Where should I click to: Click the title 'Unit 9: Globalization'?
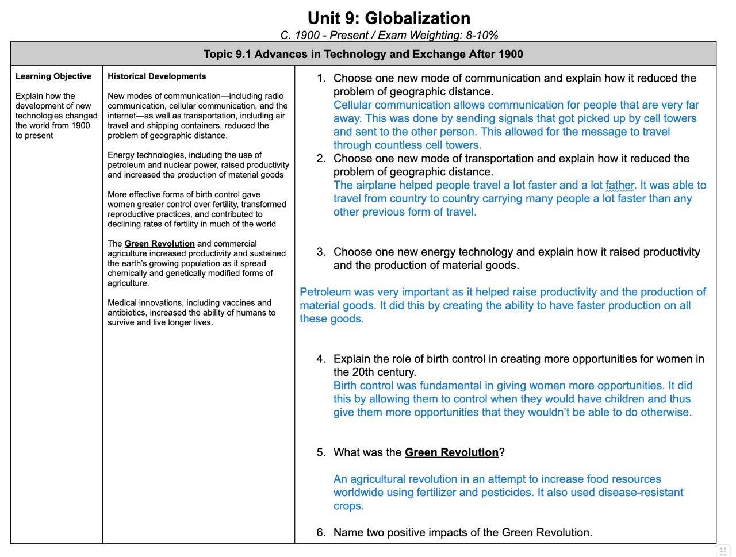coord(389,18)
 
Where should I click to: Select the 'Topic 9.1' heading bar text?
coord(363,55)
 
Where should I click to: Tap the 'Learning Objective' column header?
coord(53,76)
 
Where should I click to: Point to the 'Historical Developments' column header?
coord(156,76)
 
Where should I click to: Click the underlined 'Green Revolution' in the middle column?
coord(159,244)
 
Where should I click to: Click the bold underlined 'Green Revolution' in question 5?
coord(451,452)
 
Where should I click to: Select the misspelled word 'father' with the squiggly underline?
coord(619,185)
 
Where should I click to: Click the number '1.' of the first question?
coord(321,78)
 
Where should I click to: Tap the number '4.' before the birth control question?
coord(321,359)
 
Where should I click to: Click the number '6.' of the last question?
coord(321,533)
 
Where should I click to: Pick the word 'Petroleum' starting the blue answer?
coord(325,292)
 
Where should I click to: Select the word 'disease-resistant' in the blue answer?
coord(641,493)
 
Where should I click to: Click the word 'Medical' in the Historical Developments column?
coord(122,303)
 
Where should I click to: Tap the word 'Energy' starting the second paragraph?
coord(121,155)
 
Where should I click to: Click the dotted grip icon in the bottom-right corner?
coord(723,551)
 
